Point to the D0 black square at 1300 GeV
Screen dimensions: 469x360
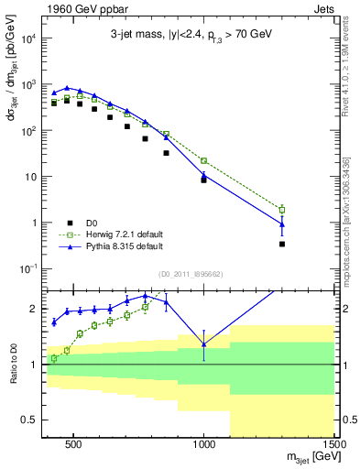282,244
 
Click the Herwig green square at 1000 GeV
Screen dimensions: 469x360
204,160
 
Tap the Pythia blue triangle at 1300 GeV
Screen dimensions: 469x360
282,224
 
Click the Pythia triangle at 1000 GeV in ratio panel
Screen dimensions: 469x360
204,344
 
